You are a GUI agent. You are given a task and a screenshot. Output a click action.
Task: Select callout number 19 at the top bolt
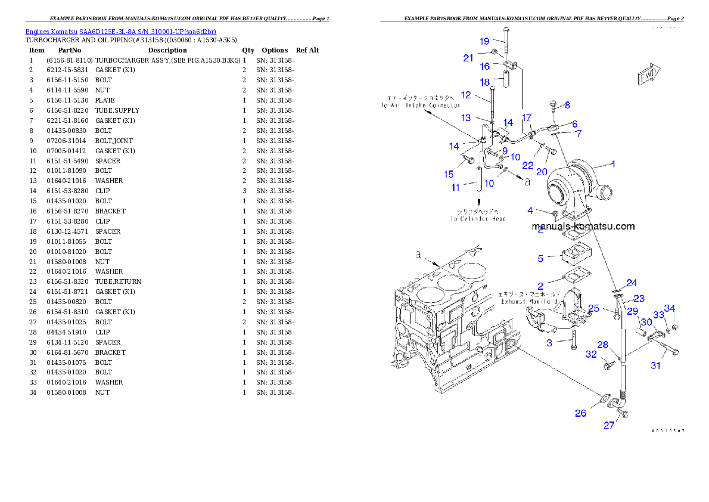coord(484,41)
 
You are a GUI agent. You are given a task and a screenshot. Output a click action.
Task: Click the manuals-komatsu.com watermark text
coord(583,227)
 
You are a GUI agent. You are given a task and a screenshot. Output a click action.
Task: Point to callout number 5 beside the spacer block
coord(540,259)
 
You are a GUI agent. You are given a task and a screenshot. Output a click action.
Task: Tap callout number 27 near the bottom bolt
coord(609,425)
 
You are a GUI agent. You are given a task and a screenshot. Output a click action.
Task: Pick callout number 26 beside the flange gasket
coord(580,413)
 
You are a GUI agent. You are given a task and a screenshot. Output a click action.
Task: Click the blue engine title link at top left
coord(120,31)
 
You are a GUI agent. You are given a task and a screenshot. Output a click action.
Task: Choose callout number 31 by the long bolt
coord(655,365)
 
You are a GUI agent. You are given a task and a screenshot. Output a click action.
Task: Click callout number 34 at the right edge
coord(670,308)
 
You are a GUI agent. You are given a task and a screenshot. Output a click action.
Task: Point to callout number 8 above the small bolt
coord(567,105)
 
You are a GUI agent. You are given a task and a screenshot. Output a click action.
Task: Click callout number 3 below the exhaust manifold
coord(550,342)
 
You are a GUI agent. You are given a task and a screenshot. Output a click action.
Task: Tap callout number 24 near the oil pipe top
coord(632,283)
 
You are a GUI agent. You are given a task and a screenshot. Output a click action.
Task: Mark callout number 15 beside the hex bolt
coord(449,174)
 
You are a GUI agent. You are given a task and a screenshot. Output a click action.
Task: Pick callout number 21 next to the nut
coord(468,58)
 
